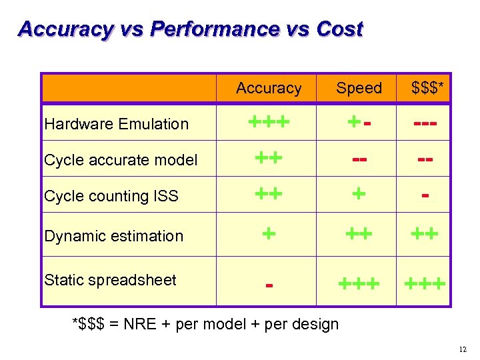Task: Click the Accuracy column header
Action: click(x=269, y=88)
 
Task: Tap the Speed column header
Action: click(x=359, y=88)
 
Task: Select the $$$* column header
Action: click(x=424, y=88)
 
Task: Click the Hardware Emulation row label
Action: click(x=117, y=124)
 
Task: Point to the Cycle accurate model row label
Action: click(x=121, y=160)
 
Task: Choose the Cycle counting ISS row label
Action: click(x=111, y=196)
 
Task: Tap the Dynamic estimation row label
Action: click(x=113, y=236)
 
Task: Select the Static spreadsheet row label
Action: click(x=110, y=280)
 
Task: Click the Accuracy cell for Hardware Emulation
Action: click(x=269, y=122)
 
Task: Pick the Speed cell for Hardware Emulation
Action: click(x=359, y=122)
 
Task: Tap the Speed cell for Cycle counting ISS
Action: click(x=359, y=194)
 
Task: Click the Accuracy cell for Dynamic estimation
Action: click(x=269, y=233)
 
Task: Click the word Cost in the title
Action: click(x=339, y=29)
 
